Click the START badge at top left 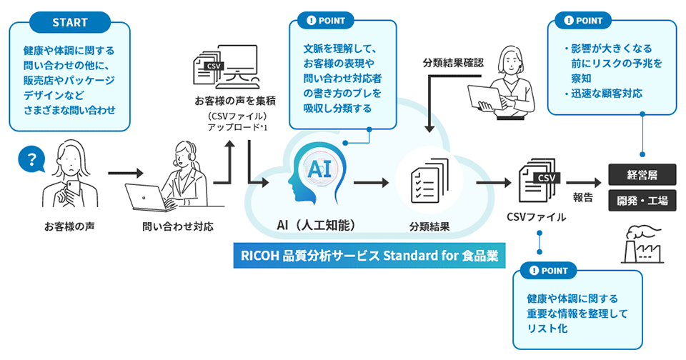click(69, 21)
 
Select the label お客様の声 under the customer click(69, 226)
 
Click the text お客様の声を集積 click(226, 100)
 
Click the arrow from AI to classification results click(370, 183)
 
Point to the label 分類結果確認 click(453, 62)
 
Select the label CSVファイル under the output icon click(536, 216)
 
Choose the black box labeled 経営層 click(642, 174)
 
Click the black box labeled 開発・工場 click(642, 201)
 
